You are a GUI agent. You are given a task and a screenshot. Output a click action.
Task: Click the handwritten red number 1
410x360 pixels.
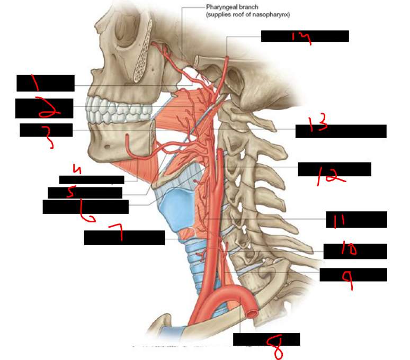point(37,83)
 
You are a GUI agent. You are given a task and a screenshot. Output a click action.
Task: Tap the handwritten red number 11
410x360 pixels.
point(336,221)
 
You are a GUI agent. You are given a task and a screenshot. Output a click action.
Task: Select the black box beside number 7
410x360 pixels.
point(124,238)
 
